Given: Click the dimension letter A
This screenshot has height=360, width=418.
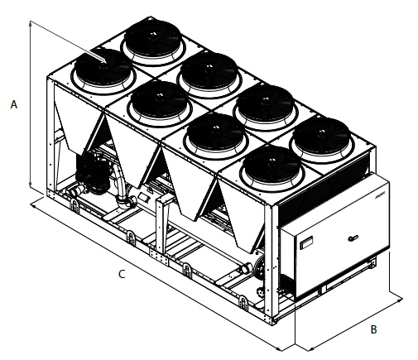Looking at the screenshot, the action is point(14,104).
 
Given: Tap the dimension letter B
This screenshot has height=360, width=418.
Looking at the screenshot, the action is point(373,329).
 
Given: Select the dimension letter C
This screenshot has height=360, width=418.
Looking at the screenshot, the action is point(122,274).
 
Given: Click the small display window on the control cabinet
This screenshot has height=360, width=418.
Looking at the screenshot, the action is point(306,242).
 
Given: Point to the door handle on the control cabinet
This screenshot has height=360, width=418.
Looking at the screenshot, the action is point(353,238).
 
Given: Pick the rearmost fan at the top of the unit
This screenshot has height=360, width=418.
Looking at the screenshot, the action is point(153,41).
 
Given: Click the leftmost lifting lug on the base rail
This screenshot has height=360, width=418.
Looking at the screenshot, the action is point(74,205).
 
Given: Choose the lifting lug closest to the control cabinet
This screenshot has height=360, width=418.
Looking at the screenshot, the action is point(243,304).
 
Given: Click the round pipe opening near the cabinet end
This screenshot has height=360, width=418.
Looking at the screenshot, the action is point(246,268).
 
